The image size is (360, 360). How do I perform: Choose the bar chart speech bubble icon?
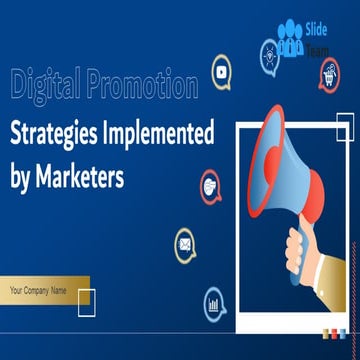tap(214, 301)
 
